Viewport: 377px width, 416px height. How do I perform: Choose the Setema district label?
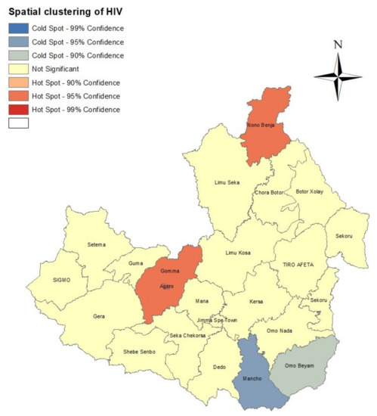pos(97,244)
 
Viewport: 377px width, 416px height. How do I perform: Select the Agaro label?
pos(167,287)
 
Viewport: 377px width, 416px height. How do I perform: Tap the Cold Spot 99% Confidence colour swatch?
pos(18,28)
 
